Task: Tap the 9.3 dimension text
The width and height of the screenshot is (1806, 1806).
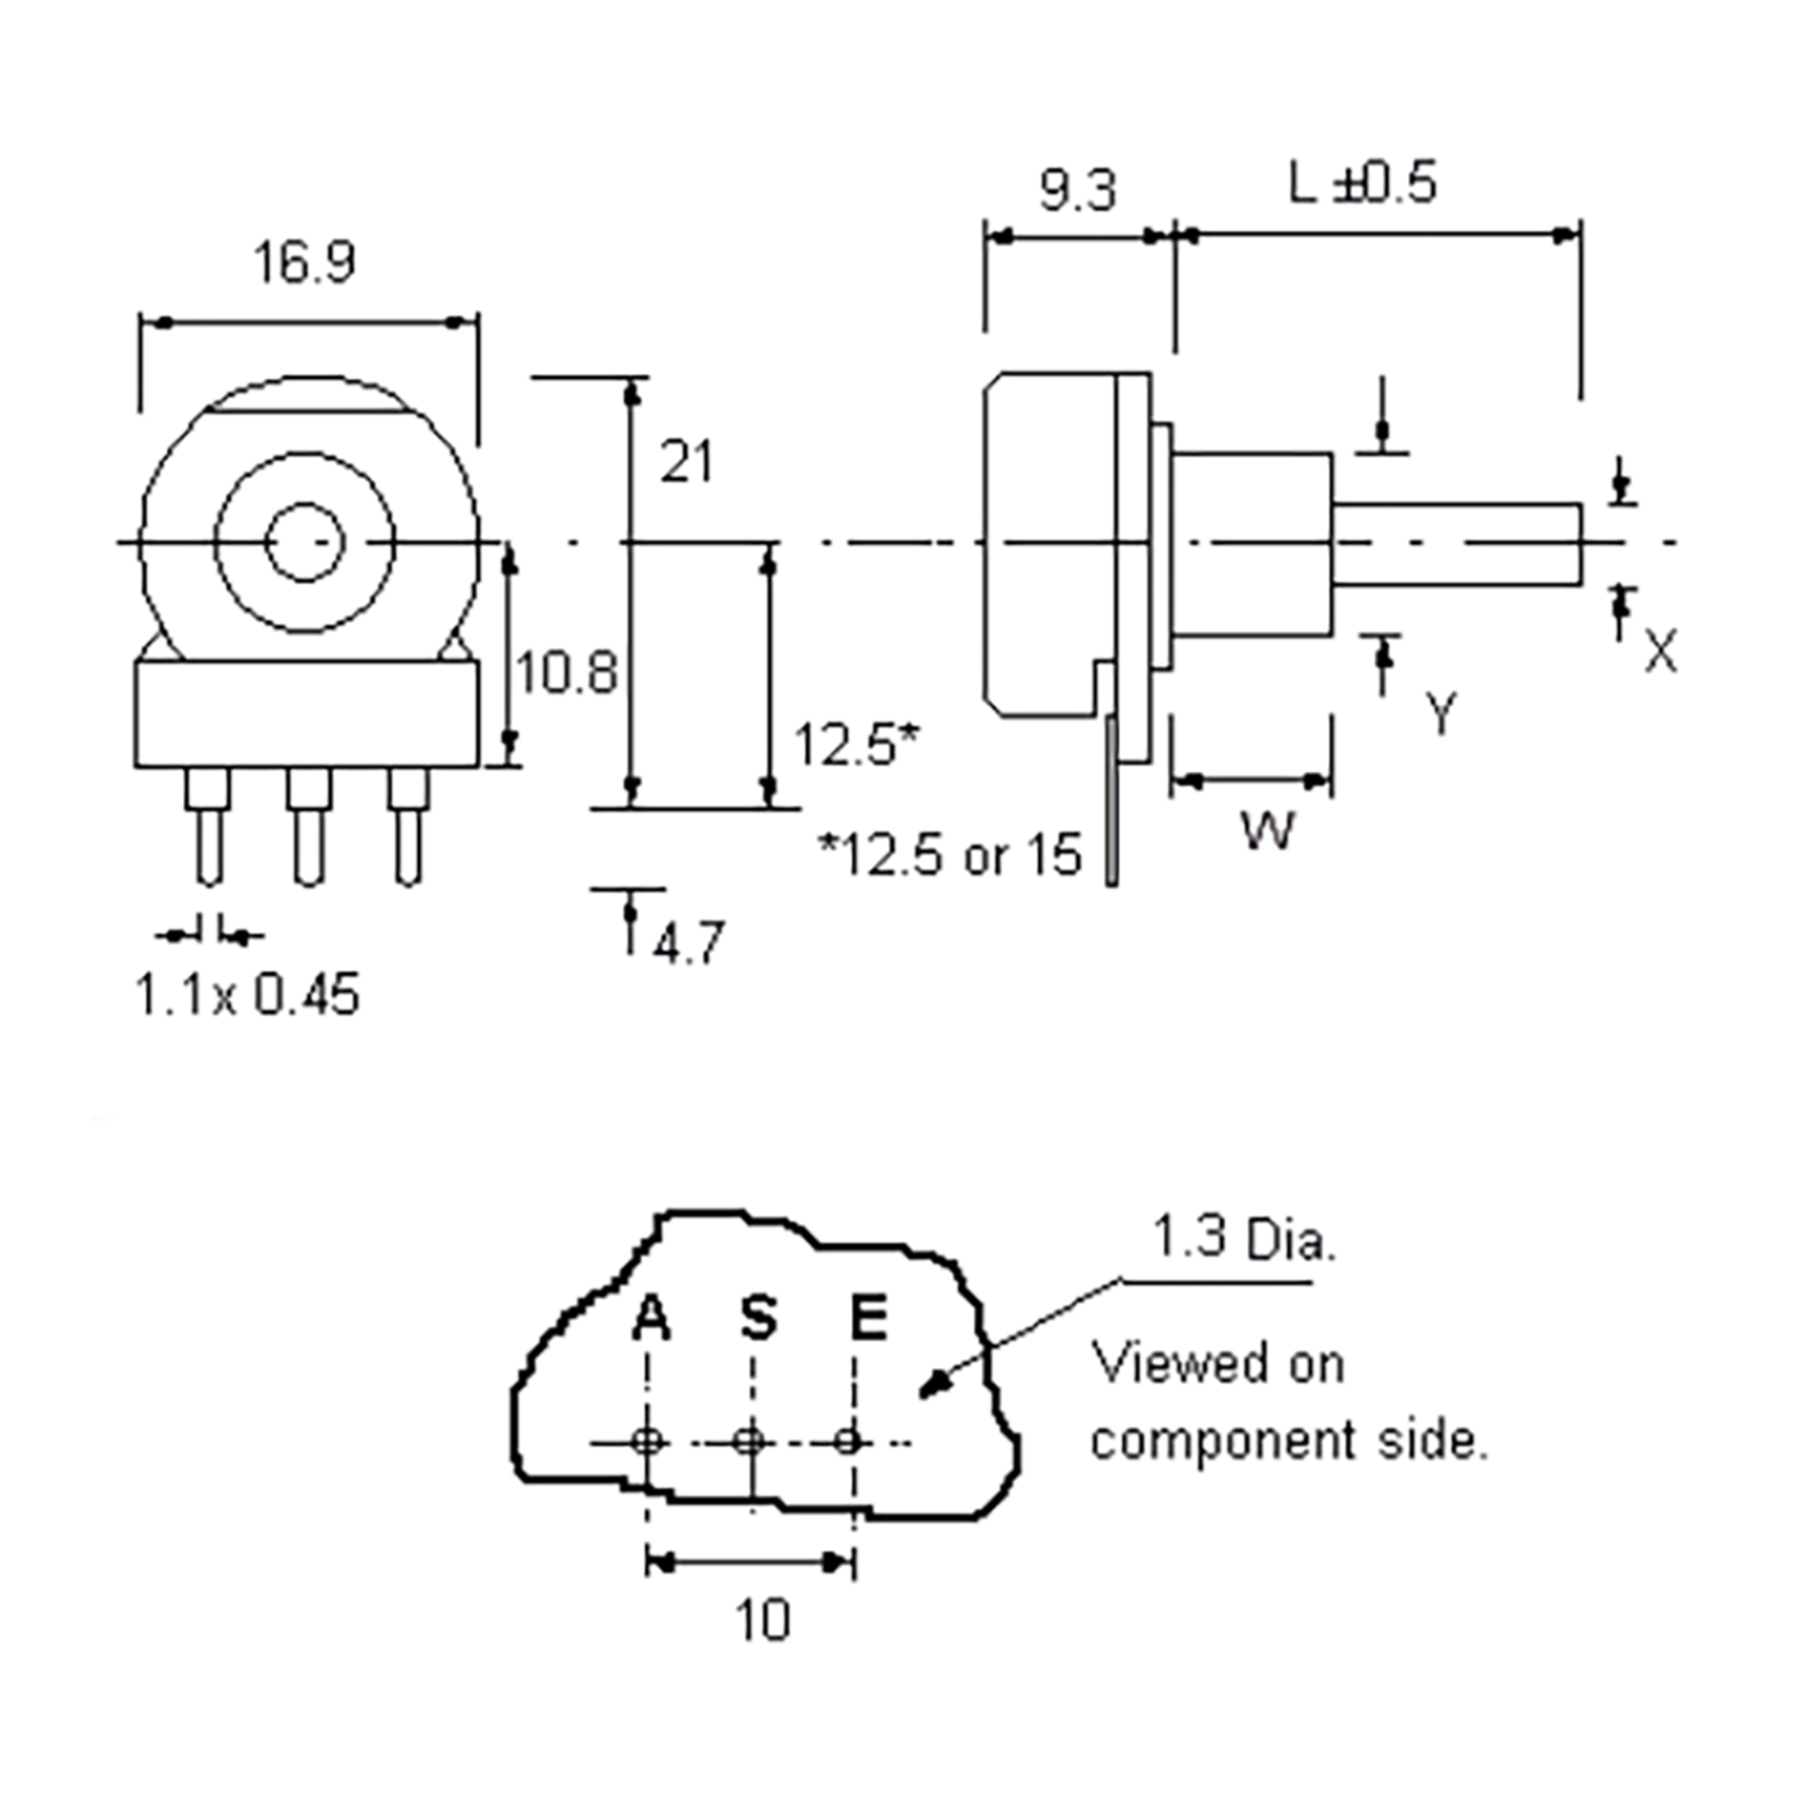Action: click(1078, 192)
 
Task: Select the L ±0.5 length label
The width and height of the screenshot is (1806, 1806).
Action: click(1362, 183)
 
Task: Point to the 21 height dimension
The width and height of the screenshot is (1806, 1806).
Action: click(686, 462)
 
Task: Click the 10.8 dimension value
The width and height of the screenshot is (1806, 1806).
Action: click(567, 673)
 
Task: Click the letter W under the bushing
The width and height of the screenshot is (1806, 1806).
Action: click(1269, 830)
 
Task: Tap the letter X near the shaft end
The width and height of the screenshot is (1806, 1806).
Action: click(1660, 652)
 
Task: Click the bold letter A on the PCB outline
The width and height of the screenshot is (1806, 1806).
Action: click(652, 1319)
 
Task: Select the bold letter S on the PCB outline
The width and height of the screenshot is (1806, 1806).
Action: click(759, 1318)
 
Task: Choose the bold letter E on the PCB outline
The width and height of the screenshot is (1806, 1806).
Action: click(868, 1318)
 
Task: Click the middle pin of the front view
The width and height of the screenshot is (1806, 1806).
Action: click(309, 827)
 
